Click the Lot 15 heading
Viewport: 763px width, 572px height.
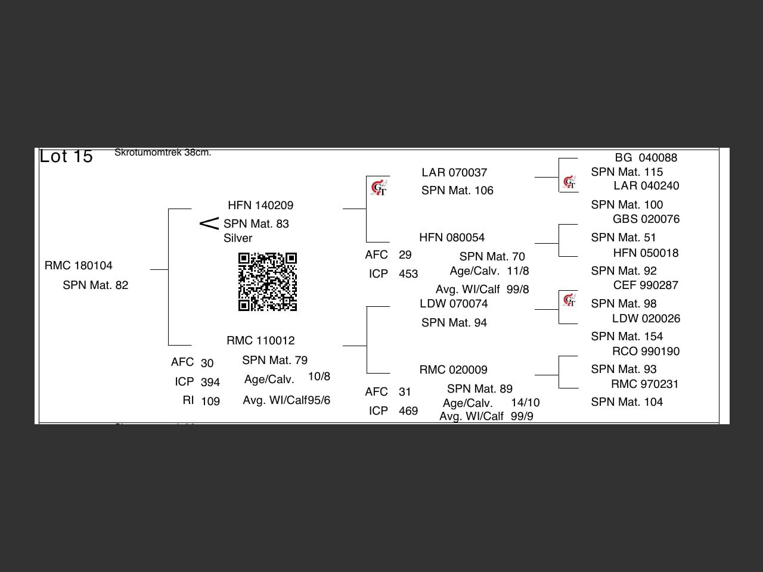[x=66, y=156]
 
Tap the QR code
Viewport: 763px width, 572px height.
[x=268, y=282]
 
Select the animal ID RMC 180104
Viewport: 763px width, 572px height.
[x=79, y=266]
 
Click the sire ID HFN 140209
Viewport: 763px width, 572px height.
[x=260, y=206]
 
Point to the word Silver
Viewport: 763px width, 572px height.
[x=238, y=238]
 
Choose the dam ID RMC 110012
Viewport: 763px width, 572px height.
[x=260, y=341]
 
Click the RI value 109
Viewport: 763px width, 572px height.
[x=210, y=402]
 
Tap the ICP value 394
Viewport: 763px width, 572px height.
[x=210, y=383]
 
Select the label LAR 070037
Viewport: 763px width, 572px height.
[x=454, y=173]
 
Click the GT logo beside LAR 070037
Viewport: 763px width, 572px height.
[x=379, y=188]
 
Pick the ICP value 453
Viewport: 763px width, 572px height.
[x=408, y=274]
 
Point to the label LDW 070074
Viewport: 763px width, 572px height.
[x=454, y=304]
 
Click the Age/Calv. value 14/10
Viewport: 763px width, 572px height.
[x=525, y=403]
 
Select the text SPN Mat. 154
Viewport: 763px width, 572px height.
[x=627, y=337]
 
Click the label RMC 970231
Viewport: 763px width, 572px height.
[x=645, y=384]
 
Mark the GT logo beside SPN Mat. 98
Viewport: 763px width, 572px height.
[x=569, y=300]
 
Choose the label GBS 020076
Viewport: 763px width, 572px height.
[x=646, y=219]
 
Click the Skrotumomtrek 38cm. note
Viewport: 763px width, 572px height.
[x=163, y=153]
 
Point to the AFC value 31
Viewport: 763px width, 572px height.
[x=405, y=392]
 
